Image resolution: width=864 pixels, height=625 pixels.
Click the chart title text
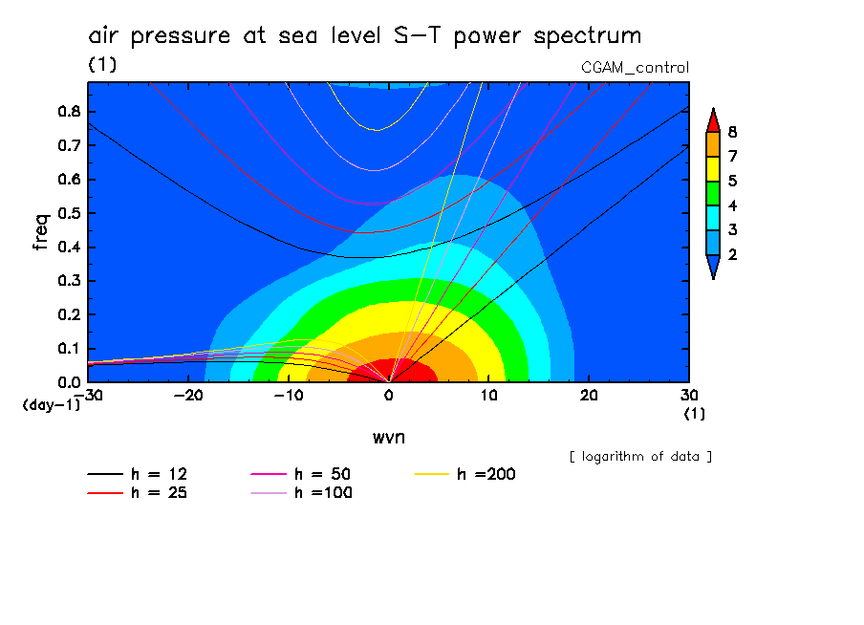coord(364,36)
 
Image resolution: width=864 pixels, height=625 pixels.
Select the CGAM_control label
coord(635,68)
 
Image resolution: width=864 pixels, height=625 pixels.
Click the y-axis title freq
coord(41,232)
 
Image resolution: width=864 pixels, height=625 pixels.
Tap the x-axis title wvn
coord(388,437)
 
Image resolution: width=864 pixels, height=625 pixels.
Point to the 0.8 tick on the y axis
coord(69,111)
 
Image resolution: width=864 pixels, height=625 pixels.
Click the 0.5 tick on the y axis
coord(69,213)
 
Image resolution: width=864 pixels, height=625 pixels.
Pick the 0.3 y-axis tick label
coord(69,281)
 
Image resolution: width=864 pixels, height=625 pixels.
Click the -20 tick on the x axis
coord(187,396)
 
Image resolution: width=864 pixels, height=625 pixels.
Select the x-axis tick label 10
coord(488,396)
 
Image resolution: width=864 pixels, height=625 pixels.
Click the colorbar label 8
coord(732,131)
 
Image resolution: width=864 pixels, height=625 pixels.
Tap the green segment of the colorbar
coord(712,193)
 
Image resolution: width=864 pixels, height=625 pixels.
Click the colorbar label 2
coord(732,255)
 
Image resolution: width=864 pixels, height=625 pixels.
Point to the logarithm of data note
coord(640,457)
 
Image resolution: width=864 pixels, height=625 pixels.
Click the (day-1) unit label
coord(50,405)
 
